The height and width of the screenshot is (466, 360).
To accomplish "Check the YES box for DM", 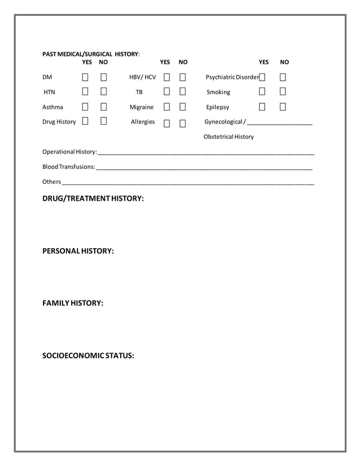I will coord(86,77).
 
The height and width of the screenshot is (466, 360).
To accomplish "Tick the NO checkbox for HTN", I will coord(104,92).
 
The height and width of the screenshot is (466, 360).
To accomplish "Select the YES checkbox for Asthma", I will coord(86,107).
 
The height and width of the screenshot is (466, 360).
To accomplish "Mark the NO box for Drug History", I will coord(104,121).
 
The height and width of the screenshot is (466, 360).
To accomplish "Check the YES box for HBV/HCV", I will coord(167,77).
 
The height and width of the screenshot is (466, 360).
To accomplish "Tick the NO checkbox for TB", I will coord(183,92).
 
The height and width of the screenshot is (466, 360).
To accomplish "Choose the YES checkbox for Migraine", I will coord(167,107).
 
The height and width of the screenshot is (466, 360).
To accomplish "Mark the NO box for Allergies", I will coord(183,123).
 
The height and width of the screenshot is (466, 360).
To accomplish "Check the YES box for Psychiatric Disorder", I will coord(262,77).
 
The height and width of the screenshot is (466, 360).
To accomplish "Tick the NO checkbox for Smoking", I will coord(283,92).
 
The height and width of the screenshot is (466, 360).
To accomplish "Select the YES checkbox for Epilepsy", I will coord(262,107).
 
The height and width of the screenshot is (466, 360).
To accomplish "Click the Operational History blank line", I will coord(206,153).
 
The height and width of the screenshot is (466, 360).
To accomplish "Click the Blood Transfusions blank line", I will coord(204,168).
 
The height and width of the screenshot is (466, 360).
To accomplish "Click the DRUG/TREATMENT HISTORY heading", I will coord(93,199).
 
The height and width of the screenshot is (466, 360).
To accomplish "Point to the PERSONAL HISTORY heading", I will coord(78,250).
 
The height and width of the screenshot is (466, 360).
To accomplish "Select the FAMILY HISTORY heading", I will coord(73,303).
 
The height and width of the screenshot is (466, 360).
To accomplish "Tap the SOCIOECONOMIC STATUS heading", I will coord(88,355).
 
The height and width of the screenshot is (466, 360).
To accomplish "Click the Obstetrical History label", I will coord(229,137).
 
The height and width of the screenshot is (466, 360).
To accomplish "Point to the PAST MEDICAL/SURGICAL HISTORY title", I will coord(90,54).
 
